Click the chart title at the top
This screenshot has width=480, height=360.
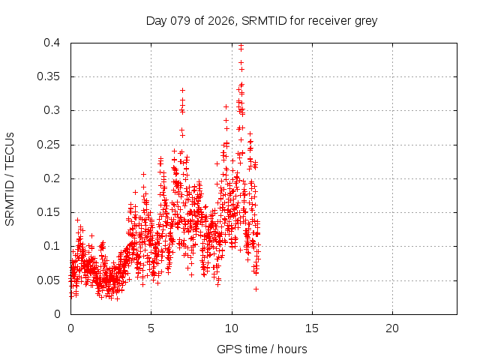click(x=262, y=21)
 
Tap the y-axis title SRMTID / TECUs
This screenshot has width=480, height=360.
click(x=10, y=178)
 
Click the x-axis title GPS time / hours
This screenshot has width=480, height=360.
click(x=262, y=349)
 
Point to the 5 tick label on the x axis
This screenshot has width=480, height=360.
click(x=151, y=328)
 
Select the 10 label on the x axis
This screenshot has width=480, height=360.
click(x=231, y=328)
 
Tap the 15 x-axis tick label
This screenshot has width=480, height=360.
click(x=311, y=328)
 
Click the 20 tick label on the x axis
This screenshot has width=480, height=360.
click(x=391, y=328)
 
